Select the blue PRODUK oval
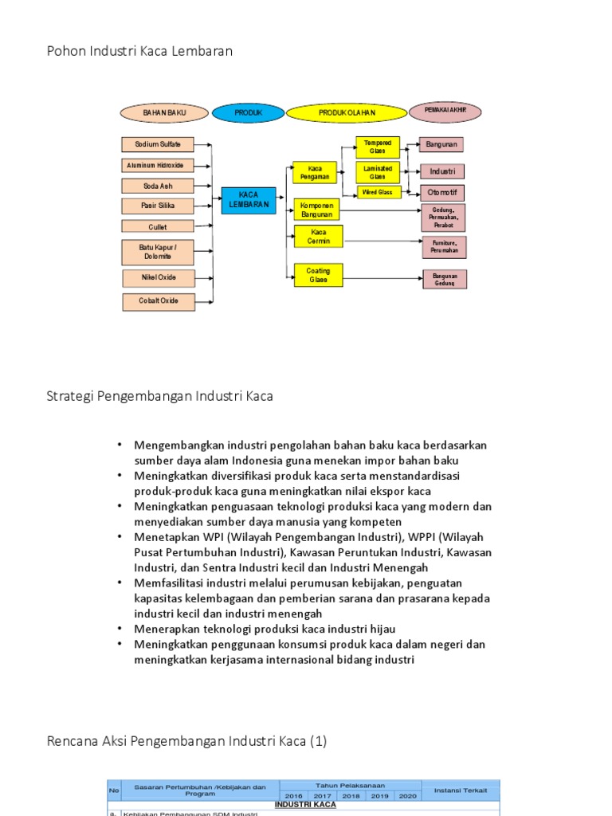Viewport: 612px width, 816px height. pos(248,114)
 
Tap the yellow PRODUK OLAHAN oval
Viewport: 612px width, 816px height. pos(347,114)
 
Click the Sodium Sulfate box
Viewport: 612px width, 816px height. pos(158,144)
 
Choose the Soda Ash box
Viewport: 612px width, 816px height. pos(158,186)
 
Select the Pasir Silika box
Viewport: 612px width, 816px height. pos(158,206)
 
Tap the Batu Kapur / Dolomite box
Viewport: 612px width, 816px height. pos(158,252)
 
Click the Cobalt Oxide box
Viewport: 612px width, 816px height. pos(158,301)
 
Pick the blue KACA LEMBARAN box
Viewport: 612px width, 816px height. pos(249,201)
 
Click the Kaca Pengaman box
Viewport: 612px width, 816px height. pos(315,173)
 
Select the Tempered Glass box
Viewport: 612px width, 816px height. pos(377,147)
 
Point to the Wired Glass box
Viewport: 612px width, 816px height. pos(377,192)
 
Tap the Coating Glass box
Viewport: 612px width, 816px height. pos(318,275)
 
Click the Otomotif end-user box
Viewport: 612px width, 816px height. pos(442,193)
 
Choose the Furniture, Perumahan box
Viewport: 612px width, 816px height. pos(444,246)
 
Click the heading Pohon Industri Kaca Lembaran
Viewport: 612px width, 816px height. pos(139,51)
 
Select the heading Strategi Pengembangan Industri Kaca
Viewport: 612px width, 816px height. pos(160,395)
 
